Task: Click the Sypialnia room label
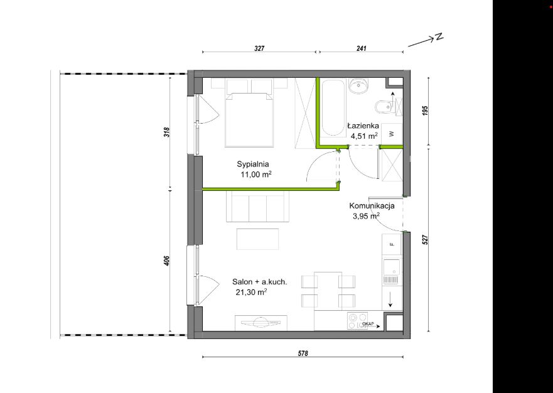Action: pos(253,164)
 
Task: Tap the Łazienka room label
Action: pos(363,126)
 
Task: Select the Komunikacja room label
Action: pos(372,206)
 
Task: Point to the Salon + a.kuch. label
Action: pos(260,282)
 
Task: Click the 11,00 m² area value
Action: pos(256,175)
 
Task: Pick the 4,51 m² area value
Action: pos(364,136)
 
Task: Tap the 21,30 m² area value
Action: pos(251,292)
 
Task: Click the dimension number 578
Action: pos(303,353)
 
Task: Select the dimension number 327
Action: pos(259,49)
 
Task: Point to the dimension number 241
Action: pos(361,49)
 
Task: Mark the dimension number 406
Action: pos(167,261)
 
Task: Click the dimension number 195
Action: pos(425,110)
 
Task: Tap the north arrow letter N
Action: pos(439,36)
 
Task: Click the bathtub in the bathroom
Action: pos(333,108)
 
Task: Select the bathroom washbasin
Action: pos(358,86)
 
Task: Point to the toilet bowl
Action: pos(383,107)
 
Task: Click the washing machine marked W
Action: pos(392,134)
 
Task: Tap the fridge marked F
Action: pos(392,244)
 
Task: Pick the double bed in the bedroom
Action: pos(250,119)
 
